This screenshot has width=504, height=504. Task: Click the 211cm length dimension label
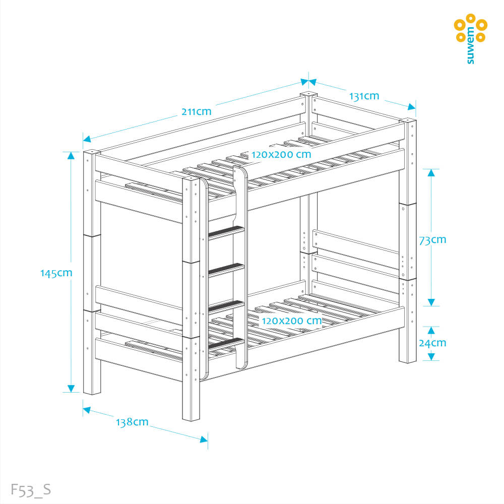click(x=197, y=111)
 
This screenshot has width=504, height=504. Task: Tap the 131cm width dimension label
click(x=363, y=96)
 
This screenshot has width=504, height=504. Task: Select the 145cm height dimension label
click(x=56, y=273)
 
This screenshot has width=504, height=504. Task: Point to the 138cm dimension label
click(x=133, y=422)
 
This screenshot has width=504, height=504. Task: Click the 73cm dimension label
click(x=432, y=239)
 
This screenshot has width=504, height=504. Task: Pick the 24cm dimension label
click(x=432, y=343)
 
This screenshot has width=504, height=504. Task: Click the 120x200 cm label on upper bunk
click(x=281, y=154)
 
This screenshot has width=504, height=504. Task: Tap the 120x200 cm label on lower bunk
click(x=291, y=320)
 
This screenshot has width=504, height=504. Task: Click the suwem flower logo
click(x=470, y=28)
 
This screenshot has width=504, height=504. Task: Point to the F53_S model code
click(x=31, y=489)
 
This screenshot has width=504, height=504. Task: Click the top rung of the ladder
click(x=226, y=232)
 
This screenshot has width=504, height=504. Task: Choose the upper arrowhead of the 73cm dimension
click(x=431, y=173)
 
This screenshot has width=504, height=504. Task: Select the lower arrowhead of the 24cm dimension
click(x=431, y=356)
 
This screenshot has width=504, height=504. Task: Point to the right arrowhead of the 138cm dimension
click(x=204, y=439)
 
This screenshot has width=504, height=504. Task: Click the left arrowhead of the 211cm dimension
click(x=87, y=139)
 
